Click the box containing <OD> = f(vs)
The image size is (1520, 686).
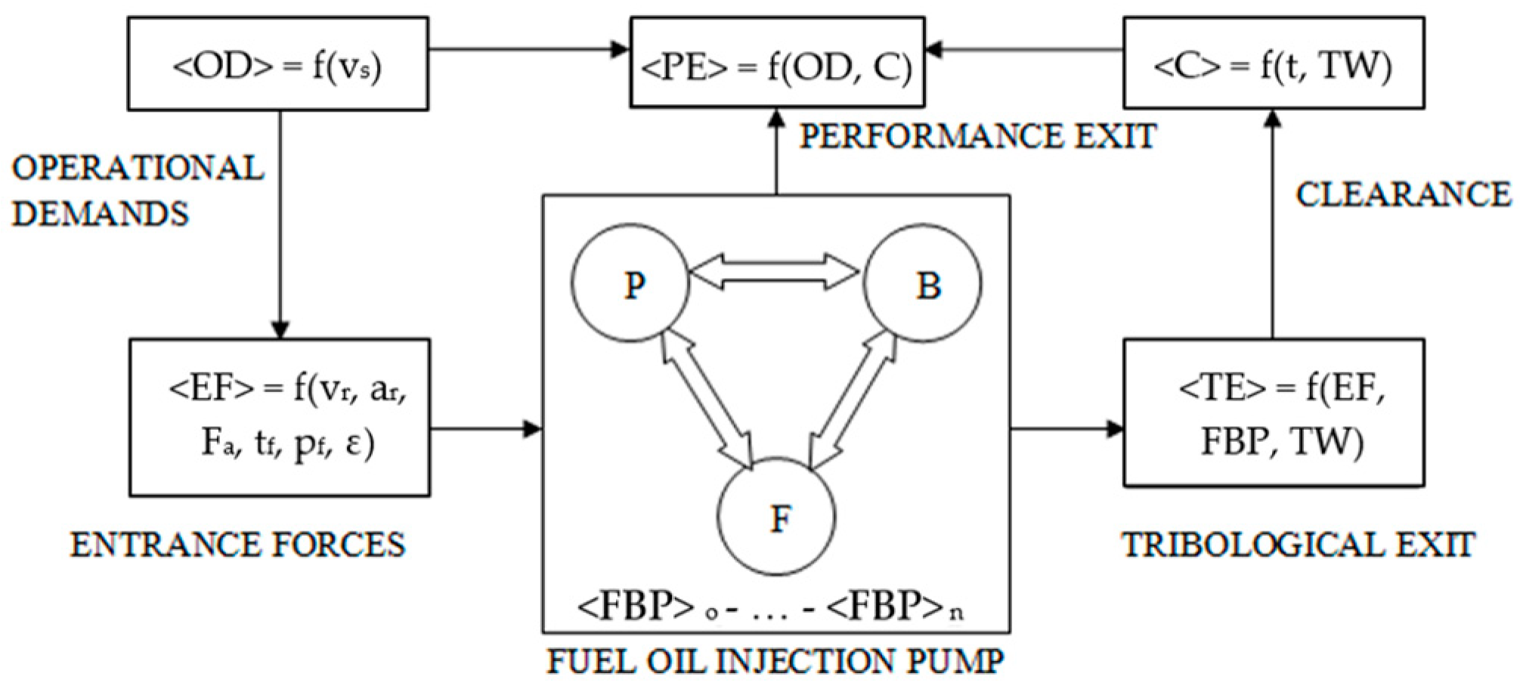(x=277, y=65)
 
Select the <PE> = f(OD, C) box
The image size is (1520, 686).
(x=777, y=63)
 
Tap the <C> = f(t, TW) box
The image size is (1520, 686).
(x=1273, y=64)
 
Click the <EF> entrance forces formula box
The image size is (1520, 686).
(x=280, y=417)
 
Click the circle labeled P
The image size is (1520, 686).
(x=630, y=283)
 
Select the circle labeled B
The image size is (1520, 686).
(x=922, y=283)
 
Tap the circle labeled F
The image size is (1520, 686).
(x=776, y=517)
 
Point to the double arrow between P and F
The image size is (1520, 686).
(x=707, y=399)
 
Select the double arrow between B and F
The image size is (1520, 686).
(x=853, y=399)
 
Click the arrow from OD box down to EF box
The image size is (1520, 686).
(x=280, y=227)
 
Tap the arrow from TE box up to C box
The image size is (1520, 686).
(x=1273, y=227)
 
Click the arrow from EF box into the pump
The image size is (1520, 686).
(x=485, y=429)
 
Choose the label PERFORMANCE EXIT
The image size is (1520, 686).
(x=977, y=137)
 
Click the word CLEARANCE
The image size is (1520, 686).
(x=1403, y=195)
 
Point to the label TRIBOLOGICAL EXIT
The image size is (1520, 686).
(x=1297, y=545)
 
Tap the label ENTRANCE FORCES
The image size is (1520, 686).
(x=238, y=545)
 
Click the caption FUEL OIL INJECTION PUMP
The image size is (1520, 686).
(x=775, y=662)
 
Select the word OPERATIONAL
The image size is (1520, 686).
(x=138, y=168)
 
